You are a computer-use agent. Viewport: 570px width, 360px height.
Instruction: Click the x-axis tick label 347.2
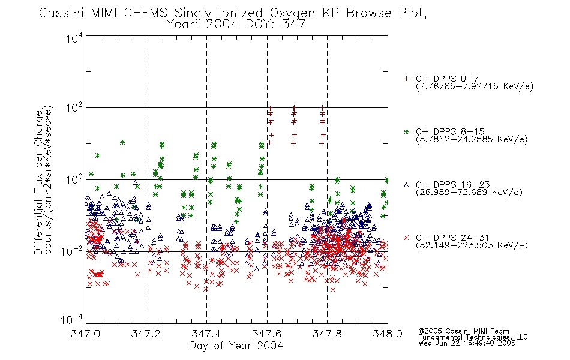coord(146,334)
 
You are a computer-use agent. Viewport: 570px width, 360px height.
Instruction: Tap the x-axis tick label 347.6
coord(267,334)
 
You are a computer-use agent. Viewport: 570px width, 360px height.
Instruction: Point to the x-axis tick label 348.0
coord(388,334)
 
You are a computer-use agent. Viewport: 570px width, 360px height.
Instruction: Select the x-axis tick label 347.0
coord(85,334)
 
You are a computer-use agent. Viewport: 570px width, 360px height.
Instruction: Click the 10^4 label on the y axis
coord(74,38)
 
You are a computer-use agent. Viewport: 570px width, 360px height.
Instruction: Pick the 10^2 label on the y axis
coord(74,108)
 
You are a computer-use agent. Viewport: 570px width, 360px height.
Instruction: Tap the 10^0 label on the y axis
coord(74,179)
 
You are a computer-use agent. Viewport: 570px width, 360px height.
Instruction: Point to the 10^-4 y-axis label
coord(72,320)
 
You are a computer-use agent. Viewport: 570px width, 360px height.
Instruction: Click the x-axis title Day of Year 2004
coord(236,346)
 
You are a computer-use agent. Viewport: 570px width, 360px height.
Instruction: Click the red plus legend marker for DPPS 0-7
coord(406,79)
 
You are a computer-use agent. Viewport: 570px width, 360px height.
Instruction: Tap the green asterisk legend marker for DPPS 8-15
coord(406,131)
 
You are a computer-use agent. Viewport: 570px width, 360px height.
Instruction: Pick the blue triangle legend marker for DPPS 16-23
coord(406,185)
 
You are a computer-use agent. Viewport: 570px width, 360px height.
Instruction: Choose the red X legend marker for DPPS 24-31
coord(406,238)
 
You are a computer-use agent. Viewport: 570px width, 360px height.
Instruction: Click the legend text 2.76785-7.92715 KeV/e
coord(475,86)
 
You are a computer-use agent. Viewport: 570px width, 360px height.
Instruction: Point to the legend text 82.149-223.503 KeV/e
coord(472,245)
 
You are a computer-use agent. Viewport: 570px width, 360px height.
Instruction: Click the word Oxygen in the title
coord(292,13)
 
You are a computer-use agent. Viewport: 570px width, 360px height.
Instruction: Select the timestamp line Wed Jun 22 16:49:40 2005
coord(467,343)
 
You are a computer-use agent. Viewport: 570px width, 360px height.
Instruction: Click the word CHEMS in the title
coord(145,13)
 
